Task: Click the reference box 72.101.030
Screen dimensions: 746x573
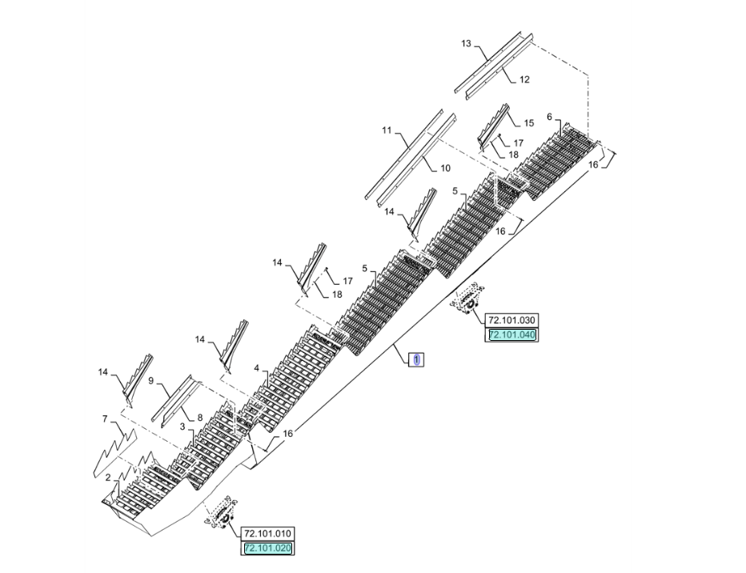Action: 511,319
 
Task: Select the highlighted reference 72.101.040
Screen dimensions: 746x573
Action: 511,335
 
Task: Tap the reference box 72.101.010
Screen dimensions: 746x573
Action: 267,533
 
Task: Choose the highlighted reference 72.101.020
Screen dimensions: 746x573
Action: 267,548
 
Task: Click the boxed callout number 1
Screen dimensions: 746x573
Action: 417,359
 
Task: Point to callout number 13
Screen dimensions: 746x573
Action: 466,44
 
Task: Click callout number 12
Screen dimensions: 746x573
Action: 524,79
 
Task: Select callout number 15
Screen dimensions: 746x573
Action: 529,123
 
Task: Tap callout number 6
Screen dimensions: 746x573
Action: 550,117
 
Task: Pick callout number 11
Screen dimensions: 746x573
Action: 387,130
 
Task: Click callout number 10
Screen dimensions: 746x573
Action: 445,168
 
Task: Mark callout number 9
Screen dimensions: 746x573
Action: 150,380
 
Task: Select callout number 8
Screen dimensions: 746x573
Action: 200,418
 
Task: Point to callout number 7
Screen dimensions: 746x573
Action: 105,419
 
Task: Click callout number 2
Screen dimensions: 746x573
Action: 108,478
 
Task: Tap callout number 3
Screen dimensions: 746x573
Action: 182,427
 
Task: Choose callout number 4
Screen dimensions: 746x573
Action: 257,368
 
